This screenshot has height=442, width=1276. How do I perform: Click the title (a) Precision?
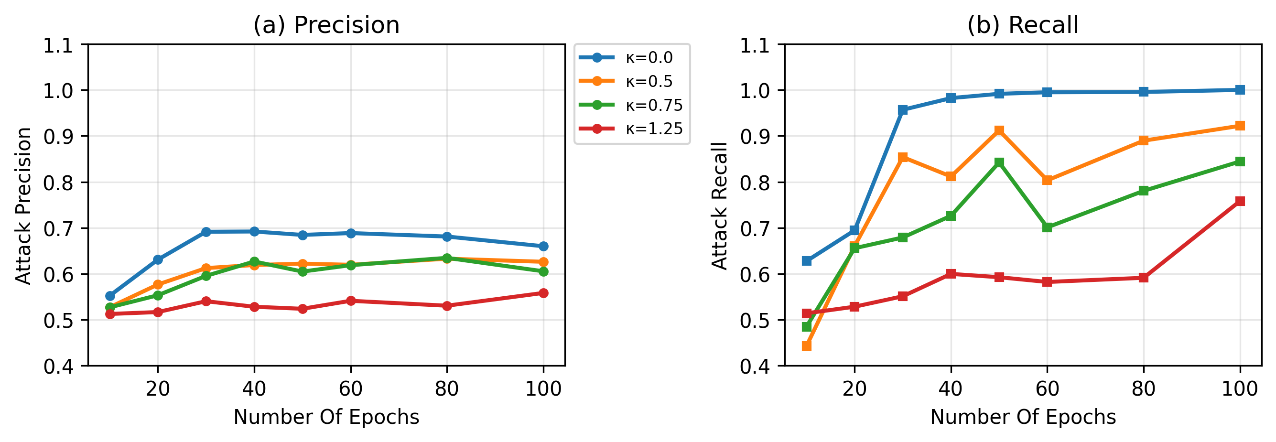[326, 25]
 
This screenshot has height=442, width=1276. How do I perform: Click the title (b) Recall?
[1022, 25]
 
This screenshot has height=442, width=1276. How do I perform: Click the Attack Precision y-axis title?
[24, 205]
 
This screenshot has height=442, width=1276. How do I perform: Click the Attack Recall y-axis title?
[720, 205]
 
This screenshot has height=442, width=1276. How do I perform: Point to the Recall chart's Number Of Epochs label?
[1023, 417]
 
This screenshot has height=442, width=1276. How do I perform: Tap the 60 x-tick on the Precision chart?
[351, 389]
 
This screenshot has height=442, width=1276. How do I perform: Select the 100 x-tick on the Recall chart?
[1239, 389]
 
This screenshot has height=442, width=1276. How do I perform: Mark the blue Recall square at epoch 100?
[1240, 90]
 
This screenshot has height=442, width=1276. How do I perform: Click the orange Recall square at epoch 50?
[999, 130]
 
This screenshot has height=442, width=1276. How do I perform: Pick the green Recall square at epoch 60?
[1047, 227]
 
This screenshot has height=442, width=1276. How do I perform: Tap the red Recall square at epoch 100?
[1240, 201]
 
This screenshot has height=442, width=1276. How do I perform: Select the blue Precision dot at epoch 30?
[206, 232]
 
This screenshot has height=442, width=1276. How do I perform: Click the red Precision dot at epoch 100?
[543, 293]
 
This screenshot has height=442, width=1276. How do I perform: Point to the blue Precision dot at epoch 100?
[543, 246]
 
